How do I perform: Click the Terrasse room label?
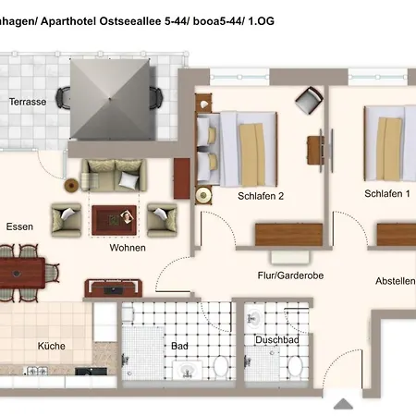(28, 102)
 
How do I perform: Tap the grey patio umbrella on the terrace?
(110, 99)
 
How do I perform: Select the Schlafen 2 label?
(261, 196)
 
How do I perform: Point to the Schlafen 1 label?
(387, 193)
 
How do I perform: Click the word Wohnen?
(128, 248)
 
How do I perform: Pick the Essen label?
(19, 226)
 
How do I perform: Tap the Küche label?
(52, 346)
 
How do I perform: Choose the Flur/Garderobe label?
(290, 275)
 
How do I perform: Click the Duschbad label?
(277, 340)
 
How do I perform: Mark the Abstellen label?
(396, 281)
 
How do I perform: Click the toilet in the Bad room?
(221, 366)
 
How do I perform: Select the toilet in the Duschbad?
(295, 366)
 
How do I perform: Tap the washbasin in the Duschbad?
(254, 317)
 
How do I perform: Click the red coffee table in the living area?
(114, 220)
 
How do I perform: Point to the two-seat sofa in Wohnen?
(114, 175)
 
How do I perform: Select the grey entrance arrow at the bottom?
(343, 404)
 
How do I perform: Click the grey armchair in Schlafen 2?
(309, 100)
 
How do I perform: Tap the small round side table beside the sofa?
(71, 186)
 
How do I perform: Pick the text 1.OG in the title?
(261, 21)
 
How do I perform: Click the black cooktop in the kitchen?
(91, 371)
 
